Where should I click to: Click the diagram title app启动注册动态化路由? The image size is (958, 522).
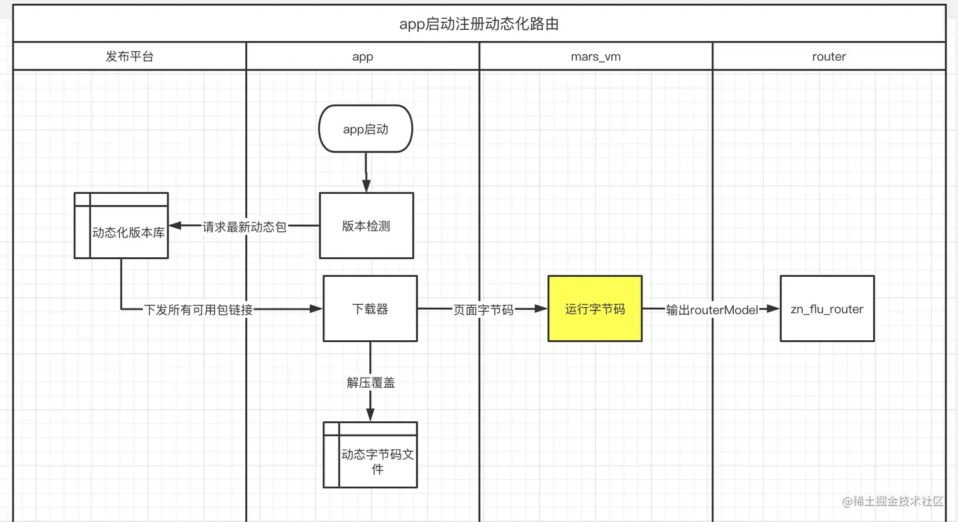(x=479, y=24)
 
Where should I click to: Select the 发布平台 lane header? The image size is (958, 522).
(x=129, y=56)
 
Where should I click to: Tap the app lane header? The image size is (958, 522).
(x=362, y=56)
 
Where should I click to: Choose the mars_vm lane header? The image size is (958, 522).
(x=596, y=56)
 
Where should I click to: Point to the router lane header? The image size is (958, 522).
(x=829, y=56)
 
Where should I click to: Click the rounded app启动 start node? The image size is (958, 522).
(x=366, y=129)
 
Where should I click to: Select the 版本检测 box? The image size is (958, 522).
(x=366, y=226)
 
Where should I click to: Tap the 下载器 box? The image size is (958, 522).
(x=370, y=309)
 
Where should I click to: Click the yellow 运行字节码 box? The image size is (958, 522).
(x=595, y=309)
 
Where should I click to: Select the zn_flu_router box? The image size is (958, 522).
(x=827, y=309)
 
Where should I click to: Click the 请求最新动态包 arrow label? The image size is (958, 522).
(x=245, y=226)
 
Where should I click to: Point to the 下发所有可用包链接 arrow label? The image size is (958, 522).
(x=198, y=309)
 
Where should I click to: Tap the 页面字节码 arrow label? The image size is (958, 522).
(x=483, y=309)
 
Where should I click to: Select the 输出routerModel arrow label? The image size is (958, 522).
(x=712, y=309)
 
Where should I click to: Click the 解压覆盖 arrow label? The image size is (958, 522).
(x=371, y=382)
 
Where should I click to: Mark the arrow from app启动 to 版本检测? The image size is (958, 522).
(x=366, y=172)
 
